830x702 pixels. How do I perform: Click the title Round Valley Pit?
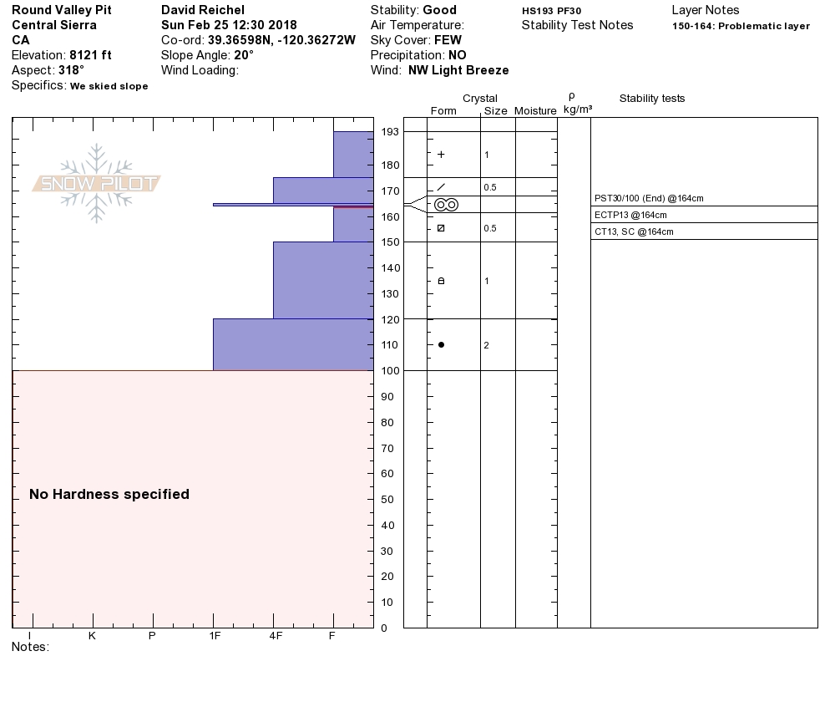[x=61, y=10]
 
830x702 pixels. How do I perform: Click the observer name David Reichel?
[x=202, y=10]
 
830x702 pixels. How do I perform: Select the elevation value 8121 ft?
[x=90, y=55]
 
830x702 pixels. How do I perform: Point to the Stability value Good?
[x=439, y=10]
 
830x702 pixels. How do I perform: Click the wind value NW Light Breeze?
[x=458, y=70]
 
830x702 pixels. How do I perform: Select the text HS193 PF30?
[x=551, y=11]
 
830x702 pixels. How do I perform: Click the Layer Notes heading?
[x=705, y=10]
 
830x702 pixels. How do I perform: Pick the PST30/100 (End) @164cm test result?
[x=649, y=199]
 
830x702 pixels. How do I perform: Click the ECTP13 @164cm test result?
[x=630, y=215]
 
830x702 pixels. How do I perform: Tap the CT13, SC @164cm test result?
[x=634, y=231]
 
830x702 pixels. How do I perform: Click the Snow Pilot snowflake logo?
[x=97, y=183]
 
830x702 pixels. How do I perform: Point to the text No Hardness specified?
[x=109, y=494]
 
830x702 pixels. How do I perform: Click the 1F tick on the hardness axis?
[x=214, y=636]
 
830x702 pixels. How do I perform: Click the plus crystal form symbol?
[x=441, y=155]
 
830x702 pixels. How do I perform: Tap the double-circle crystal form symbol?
[x=446, y=204]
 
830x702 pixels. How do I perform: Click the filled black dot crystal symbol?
[x=441, y=344]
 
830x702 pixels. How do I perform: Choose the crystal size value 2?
[x=486, y=345]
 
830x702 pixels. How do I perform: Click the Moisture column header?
[x=535, y=111]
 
